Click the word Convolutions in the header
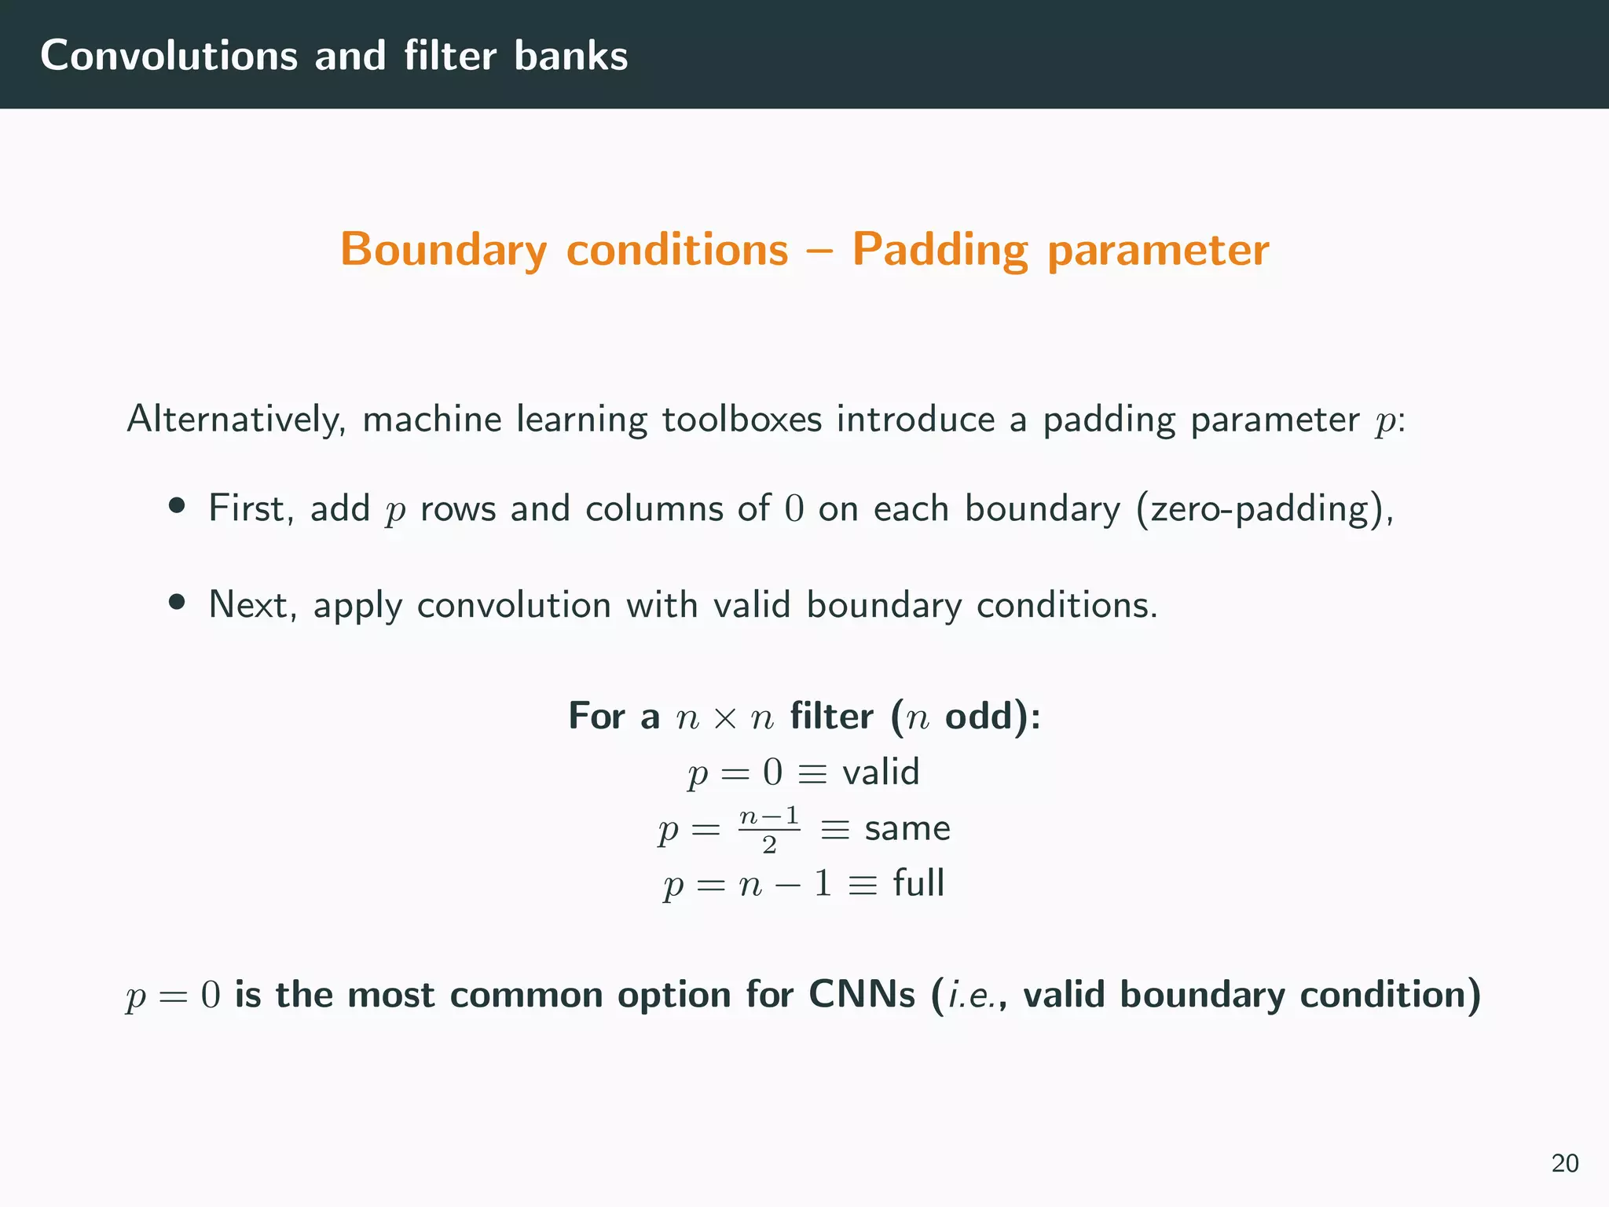[x=169, y=56]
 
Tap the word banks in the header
[x=571, y=56]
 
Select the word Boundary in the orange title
[x=444, y=250]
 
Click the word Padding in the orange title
[x=940, y=250]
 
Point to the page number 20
[x=1564, y=1163]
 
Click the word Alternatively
[x=236, y=419]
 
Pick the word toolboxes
[x=742, y=419]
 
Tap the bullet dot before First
[x=177, y=505]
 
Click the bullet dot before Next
[x=177, y=602]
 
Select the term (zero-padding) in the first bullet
[x=1265, y=509]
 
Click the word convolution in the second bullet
[x=514, y=605]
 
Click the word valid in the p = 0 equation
[x=881, y=772]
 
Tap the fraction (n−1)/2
[x=769, y=829]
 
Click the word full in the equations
[x=918, y=883]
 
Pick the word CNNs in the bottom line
[x=862, y=995]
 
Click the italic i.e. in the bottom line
[x=972, y=995]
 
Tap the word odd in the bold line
[x=978, y=716]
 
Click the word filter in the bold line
[x=831, y=716]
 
